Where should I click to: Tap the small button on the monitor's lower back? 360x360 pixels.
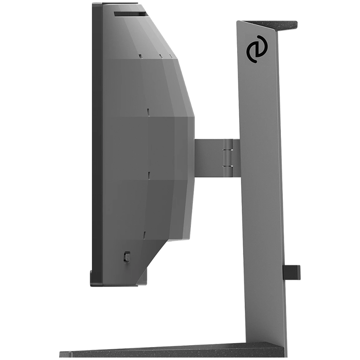(x=127, y=256)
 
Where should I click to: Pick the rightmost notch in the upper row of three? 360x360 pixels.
(x=170, y=56)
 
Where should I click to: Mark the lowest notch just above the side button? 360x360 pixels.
(x=145, y=235)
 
